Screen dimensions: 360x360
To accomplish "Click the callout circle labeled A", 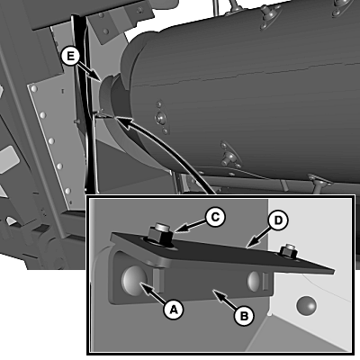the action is point(174,309).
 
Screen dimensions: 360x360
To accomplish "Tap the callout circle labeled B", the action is point(244,315).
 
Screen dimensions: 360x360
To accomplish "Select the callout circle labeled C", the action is point(215,217).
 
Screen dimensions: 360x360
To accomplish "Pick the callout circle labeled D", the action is point(278,220).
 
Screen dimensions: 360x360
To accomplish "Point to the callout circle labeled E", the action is point(70,56).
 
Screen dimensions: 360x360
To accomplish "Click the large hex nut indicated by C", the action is point(159,235).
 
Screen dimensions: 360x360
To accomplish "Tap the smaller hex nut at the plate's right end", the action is point(288,252).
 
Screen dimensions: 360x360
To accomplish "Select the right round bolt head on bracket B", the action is point(253,281).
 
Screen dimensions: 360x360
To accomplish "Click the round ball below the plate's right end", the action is point(306,306).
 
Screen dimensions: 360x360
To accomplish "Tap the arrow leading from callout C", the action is point(190,226).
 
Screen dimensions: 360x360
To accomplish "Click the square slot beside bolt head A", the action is point(158,281).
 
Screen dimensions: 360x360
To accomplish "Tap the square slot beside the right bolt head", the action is point(265,282).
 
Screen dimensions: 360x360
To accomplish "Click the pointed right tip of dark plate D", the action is point(334,271).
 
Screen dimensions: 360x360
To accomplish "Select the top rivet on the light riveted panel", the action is point(34,89).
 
